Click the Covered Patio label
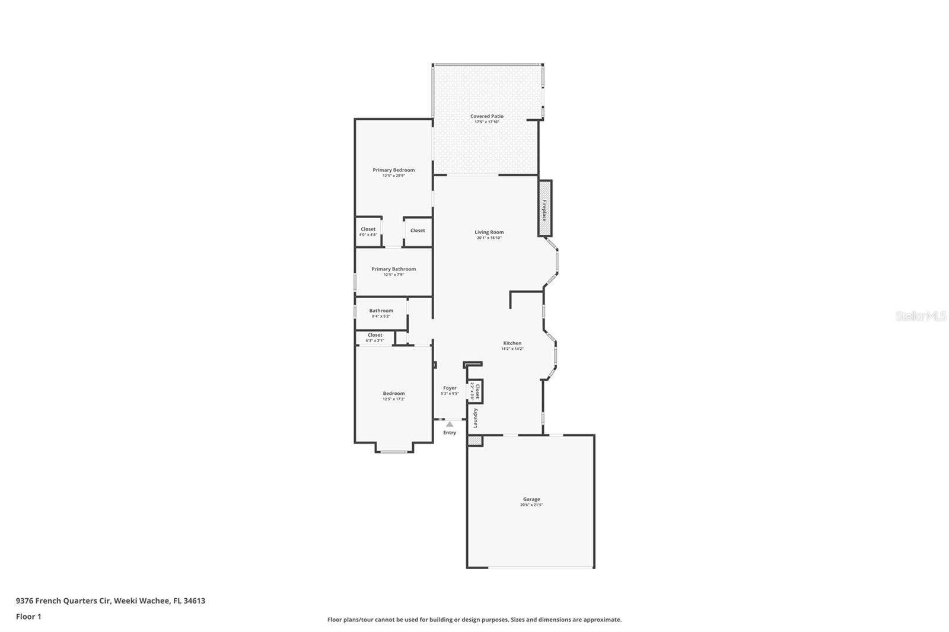486,116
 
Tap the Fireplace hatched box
544,208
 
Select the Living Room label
489,232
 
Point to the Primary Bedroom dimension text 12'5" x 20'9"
393,176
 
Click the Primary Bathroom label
393,269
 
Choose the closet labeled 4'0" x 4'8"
368,231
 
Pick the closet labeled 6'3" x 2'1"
374,337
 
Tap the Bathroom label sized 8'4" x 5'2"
381,311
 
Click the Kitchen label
512,343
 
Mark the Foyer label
450,388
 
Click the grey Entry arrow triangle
450,424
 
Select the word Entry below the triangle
450,433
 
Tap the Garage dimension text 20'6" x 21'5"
531,505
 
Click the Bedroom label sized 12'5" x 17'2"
393,394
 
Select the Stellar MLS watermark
921,317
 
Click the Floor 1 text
28,617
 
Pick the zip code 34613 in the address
194,601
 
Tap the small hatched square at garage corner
474,441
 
